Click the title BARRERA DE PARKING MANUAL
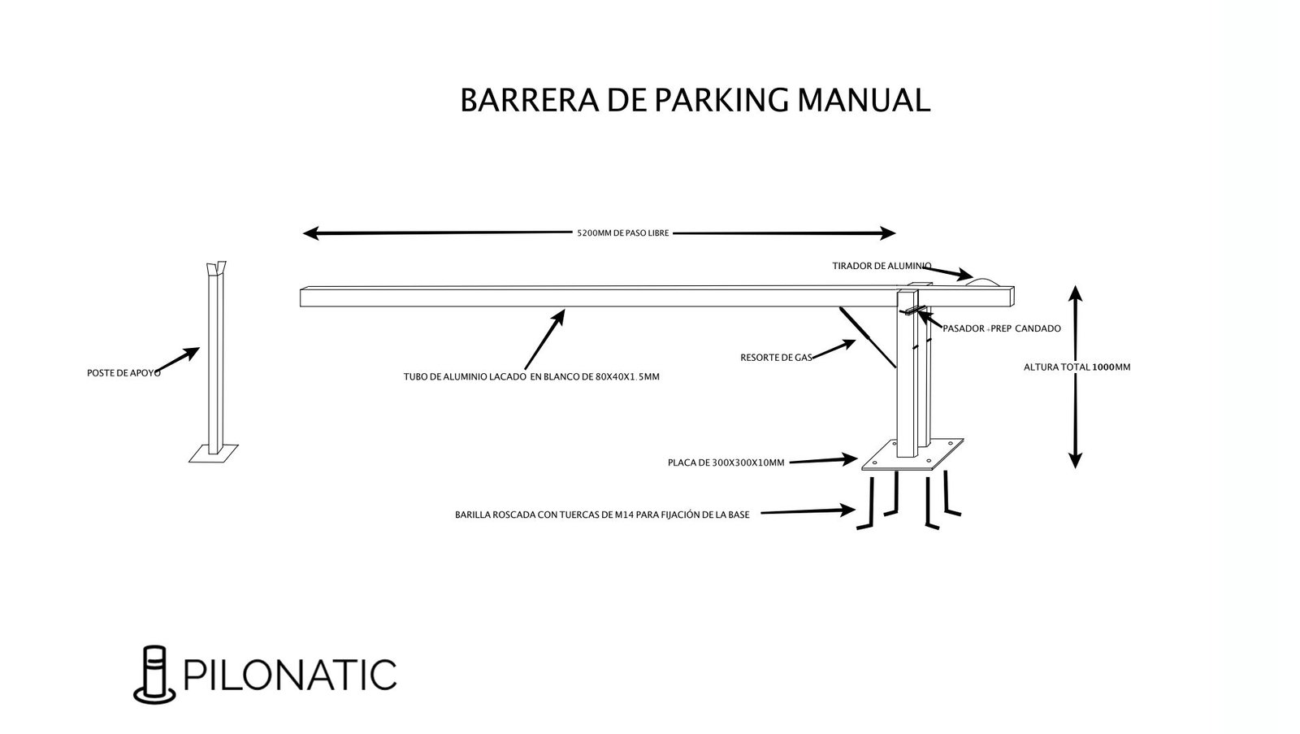pyautogui.click(x=695, y=100)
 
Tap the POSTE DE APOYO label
pyautogui.click(x=123, y=373)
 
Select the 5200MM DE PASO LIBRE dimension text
pyautogui.click(x=623, y=233)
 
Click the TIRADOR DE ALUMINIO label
pyautogui.click(x=882, y=266)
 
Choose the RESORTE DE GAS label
pyautogui.click(x=777, y=357)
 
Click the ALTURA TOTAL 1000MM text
pyautogui.click(x=1077, y=367)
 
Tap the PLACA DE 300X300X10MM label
pyautogui.click(x=726, y=463)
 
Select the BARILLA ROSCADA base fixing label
pyautogui.click(x=602, y=515)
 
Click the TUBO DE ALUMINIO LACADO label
pyautogui.click(x=531, y=376)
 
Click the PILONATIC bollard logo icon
pyautogui.click(x=154, y=674)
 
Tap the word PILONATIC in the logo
pyautogui.click(x=291, y=674)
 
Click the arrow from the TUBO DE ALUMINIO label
pyautogui.click(x=544, y=339)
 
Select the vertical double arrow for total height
pyautogui.click(x=1075, y=377)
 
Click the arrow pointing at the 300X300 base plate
pyautogui.click(x=825, y=460)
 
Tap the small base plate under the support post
pyautogui.click(x=214, y=453)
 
